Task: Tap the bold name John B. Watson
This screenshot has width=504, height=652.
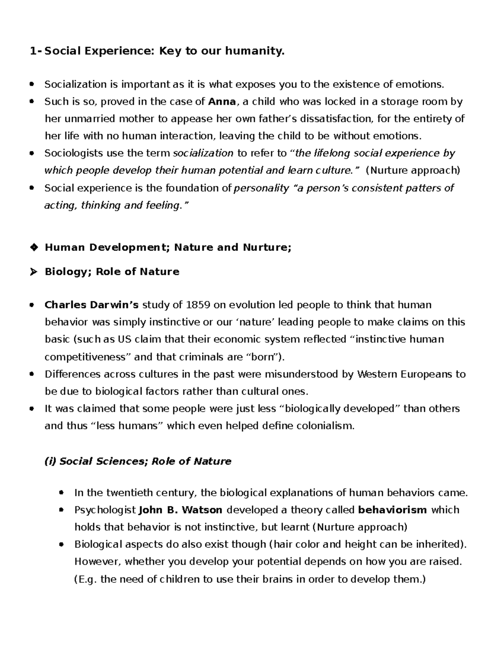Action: pos(181,510)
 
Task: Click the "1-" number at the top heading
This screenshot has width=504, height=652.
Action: pos(36,51)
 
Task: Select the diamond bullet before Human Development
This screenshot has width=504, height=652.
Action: pos(33,247)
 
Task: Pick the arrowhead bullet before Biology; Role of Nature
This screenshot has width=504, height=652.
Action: pos(33,272)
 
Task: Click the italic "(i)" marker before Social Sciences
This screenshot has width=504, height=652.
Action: pos(50,461)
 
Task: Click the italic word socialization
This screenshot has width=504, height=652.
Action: pos(203,153)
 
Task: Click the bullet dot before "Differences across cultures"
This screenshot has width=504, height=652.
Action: pos(32,374)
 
